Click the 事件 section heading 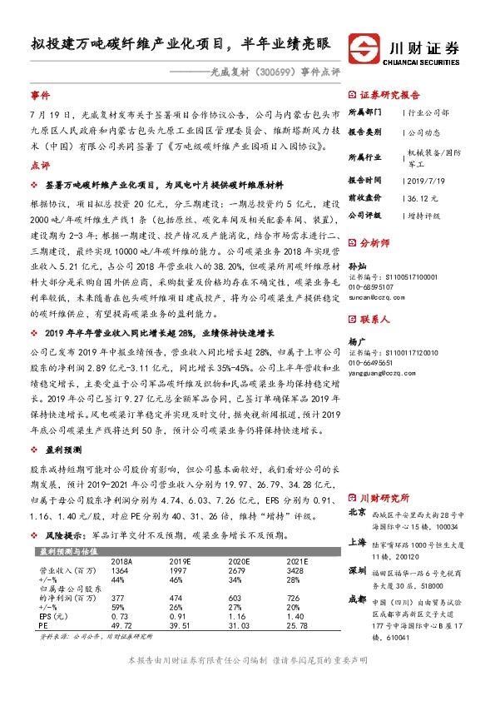pos(40,96)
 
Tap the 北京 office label pos(358,513)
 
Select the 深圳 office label pos(358,571)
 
